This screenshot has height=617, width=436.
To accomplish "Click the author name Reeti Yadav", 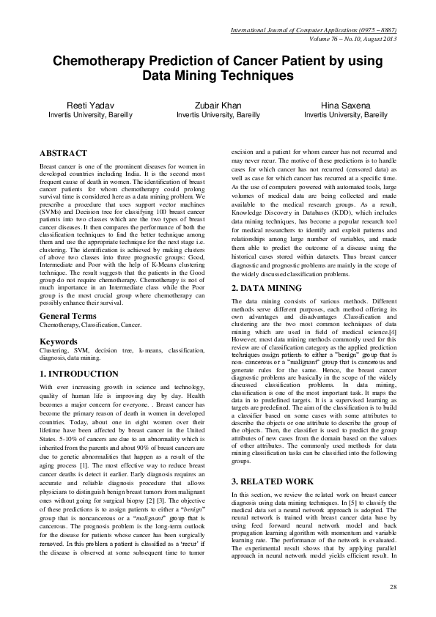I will click(90, 106).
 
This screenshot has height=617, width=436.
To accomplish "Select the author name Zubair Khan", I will click(218, 106).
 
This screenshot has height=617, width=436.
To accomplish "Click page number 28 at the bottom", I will click(392, 587).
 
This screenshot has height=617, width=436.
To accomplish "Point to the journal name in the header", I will click(314, 29).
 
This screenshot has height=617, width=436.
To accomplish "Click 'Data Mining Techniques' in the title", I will click(218, 75).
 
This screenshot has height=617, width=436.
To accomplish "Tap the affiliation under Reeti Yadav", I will click(90, 116).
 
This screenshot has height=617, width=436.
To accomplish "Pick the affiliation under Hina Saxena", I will click(346, 116).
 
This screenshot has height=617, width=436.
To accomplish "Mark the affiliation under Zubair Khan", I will click(218, 116).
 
